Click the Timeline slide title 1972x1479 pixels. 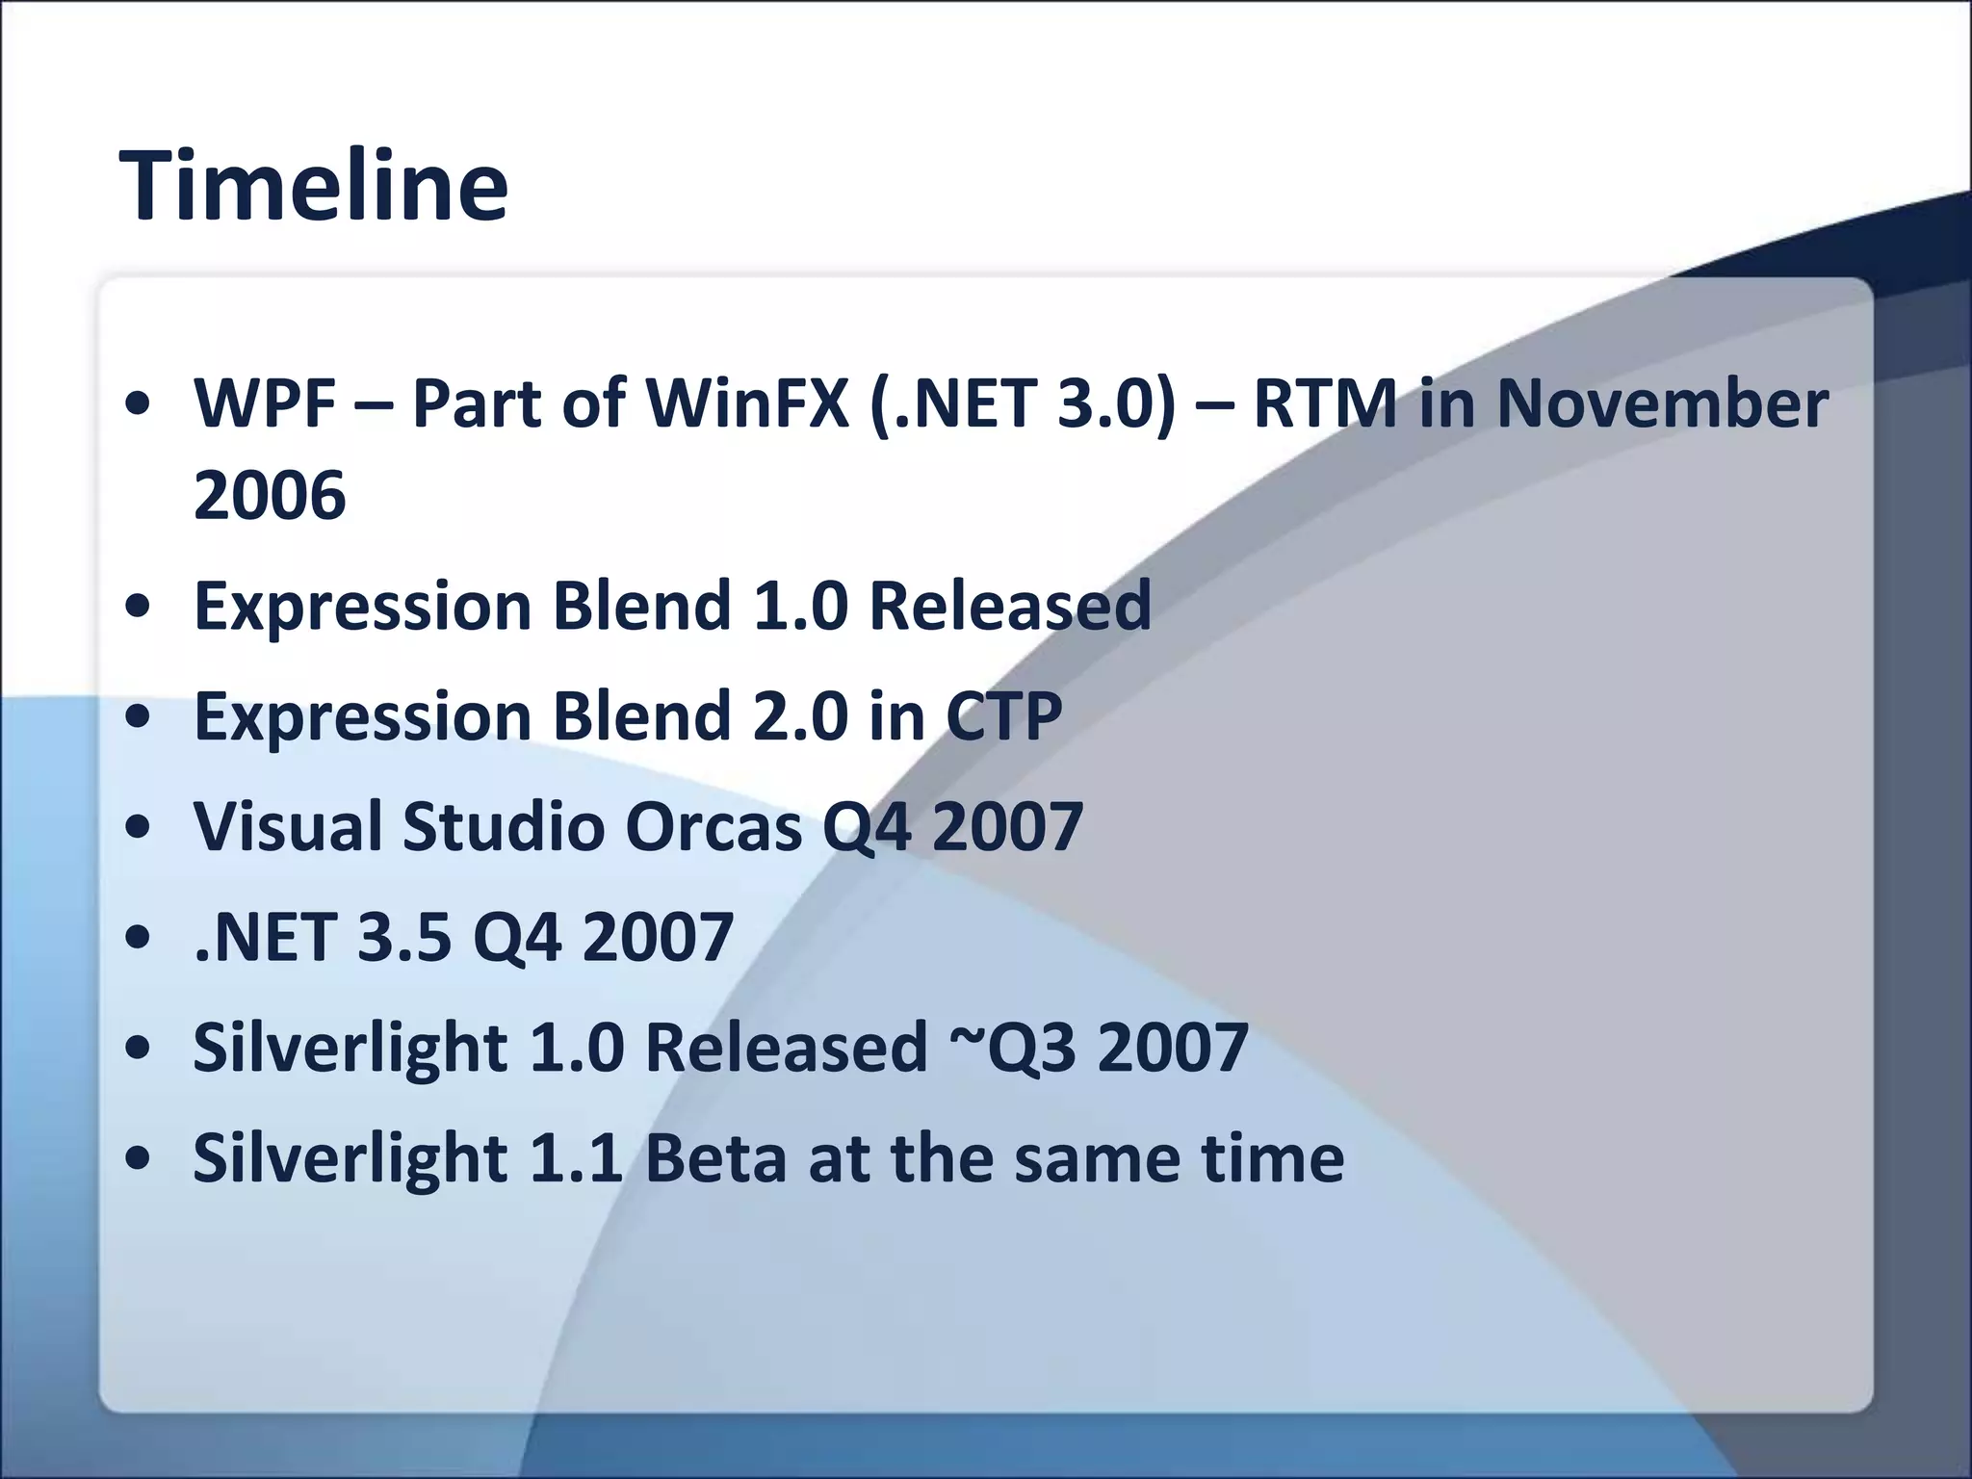tap(313, 186)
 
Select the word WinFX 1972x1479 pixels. tap(747, 402)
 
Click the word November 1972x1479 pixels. tap(1662, 402)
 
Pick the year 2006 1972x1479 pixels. tap(270, 495)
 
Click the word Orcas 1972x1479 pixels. tap(714, 827)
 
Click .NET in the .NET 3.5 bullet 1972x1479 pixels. tap(264, 937)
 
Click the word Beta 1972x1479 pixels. tap(715, 1158)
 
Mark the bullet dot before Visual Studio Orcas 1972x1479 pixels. tap(141, 827)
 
